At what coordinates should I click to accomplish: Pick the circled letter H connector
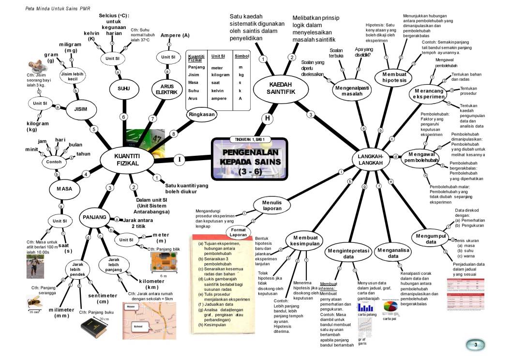click(x=267, y=118)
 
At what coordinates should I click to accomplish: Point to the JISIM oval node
click(x=81, y=109)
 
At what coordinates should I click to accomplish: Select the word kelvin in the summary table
click(x=220, y=91)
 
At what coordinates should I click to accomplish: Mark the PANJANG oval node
click(x=95, y=217)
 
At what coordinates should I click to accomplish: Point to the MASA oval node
click(x=60, y=189)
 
